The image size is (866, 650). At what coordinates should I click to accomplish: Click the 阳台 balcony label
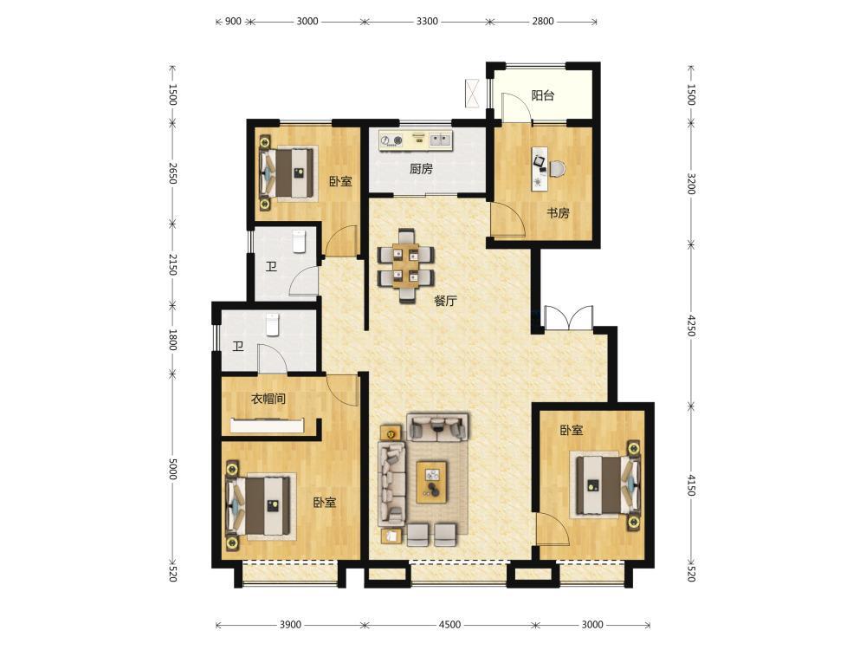pos(542,95)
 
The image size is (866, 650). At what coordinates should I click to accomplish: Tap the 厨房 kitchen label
pos(421,169)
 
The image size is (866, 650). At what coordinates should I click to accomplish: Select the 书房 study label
pos(558,213)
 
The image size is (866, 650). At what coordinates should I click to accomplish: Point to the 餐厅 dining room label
pos(445,302)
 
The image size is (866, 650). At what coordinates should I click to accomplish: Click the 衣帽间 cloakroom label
pos(268,399)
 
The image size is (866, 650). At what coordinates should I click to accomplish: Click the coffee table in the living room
pos(432,482)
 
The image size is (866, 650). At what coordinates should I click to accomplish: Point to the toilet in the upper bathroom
pos(299,242)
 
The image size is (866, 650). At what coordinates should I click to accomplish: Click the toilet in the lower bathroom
pos(273,325)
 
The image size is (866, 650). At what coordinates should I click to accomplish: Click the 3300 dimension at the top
pos(427,21)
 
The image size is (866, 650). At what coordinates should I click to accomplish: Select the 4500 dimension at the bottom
pos(449,625)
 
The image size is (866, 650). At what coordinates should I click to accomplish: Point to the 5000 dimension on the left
pos(172,469)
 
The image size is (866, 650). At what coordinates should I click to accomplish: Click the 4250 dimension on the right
pos(691,326)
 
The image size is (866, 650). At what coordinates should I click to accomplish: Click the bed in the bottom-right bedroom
pos(606,484)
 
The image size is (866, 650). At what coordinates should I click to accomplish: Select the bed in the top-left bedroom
pos(288,172)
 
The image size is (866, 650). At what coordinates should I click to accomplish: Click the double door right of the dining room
pos(568,318)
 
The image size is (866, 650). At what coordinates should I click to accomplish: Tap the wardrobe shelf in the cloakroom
pos(268,425)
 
